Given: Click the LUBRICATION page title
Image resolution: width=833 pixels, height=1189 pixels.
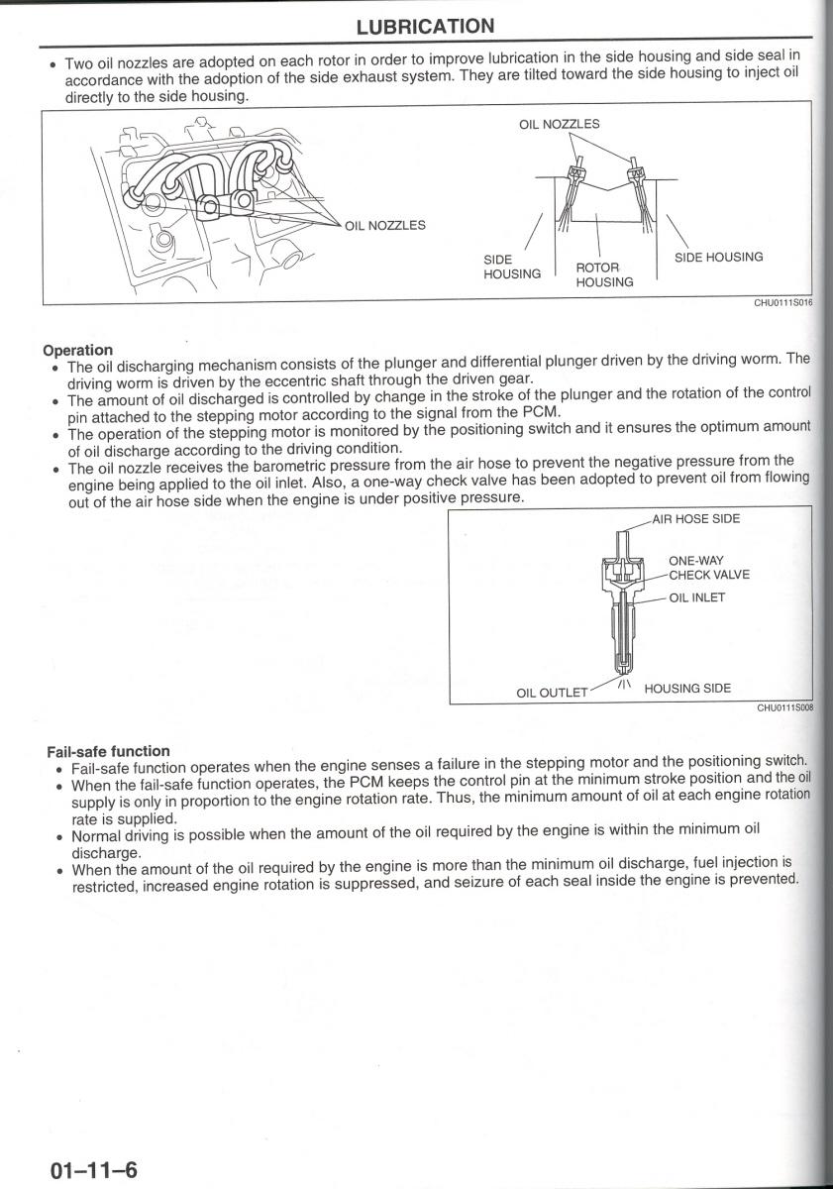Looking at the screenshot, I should [425, 27].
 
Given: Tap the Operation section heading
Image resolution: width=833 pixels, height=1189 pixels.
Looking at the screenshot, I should [77, 350].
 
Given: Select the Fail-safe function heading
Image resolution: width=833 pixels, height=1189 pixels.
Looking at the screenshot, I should [108, 751].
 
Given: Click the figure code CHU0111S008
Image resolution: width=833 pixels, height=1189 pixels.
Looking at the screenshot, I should [783, 708].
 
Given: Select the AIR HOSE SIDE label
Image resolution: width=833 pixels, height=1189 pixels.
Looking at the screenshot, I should [695, 518].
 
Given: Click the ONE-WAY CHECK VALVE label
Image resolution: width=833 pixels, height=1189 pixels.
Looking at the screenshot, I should [708, 568].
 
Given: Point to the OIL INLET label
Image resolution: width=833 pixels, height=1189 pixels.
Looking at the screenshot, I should [697, 597].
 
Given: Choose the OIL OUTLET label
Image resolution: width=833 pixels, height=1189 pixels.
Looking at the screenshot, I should [553, 693].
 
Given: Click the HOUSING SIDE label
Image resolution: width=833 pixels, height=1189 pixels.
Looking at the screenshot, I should [687, 688].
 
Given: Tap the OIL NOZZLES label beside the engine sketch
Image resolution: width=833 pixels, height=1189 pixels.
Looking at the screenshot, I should [384, 225].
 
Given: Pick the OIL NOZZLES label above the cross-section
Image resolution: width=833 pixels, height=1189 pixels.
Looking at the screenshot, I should [559, 125].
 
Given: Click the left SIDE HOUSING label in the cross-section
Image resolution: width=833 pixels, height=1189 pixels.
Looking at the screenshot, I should [511, 267].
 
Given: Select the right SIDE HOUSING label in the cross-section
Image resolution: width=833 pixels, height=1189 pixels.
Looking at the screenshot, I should [718, 258].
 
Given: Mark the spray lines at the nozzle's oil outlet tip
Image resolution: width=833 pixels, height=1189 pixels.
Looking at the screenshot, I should [624, 683].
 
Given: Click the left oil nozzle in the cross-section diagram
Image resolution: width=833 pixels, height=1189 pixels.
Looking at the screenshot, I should [573, 174].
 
